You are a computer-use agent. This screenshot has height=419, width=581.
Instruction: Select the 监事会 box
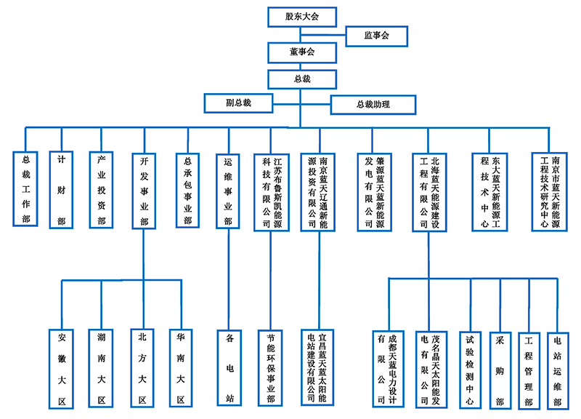376,35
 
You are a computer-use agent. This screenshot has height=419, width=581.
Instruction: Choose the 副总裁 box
238,103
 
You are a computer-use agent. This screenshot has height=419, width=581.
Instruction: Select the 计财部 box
62,190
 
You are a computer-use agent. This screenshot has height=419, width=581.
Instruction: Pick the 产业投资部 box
102,190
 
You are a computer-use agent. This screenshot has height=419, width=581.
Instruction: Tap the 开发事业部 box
142,191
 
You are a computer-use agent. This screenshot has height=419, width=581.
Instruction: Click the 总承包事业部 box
187,190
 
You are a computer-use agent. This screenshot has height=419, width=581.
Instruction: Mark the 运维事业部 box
228,191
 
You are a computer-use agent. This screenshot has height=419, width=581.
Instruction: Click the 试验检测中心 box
470,369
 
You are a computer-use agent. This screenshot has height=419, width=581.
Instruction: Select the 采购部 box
500,369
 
